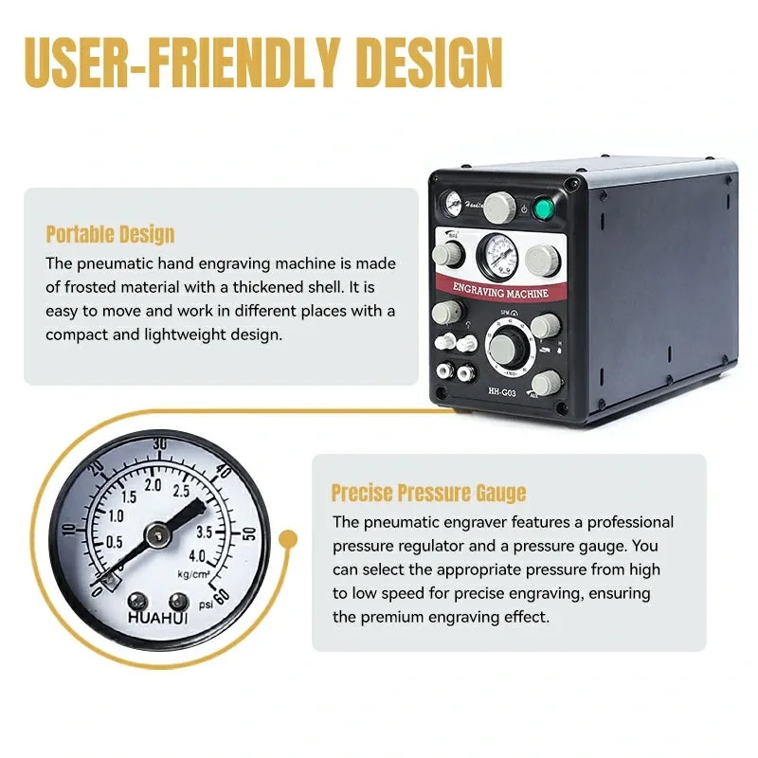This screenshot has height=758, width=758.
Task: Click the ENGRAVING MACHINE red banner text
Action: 499,292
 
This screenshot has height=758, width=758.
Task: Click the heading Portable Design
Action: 110,234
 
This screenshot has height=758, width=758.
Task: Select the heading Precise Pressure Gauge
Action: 428,493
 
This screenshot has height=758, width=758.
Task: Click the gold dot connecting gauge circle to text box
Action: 289,540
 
